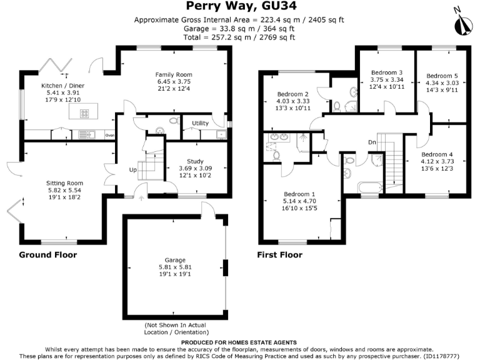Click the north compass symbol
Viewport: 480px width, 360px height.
coord(464,22)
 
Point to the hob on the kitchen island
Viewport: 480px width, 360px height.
coord(84,114)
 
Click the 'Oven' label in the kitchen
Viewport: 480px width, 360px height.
coord(110,135)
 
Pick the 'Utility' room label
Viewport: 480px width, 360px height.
coord(200,123)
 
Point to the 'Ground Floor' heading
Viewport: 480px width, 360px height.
coord(48,255)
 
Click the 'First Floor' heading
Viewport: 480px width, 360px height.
coord(280,255)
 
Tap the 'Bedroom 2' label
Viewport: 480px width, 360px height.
coord(294,95)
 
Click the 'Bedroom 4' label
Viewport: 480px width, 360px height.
coord(437,154)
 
